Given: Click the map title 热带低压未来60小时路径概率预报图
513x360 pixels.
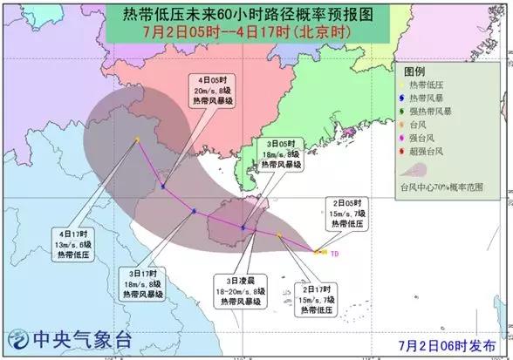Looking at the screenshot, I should pos(256,16).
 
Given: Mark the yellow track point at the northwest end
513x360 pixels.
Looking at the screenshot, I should pos(137,139).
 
